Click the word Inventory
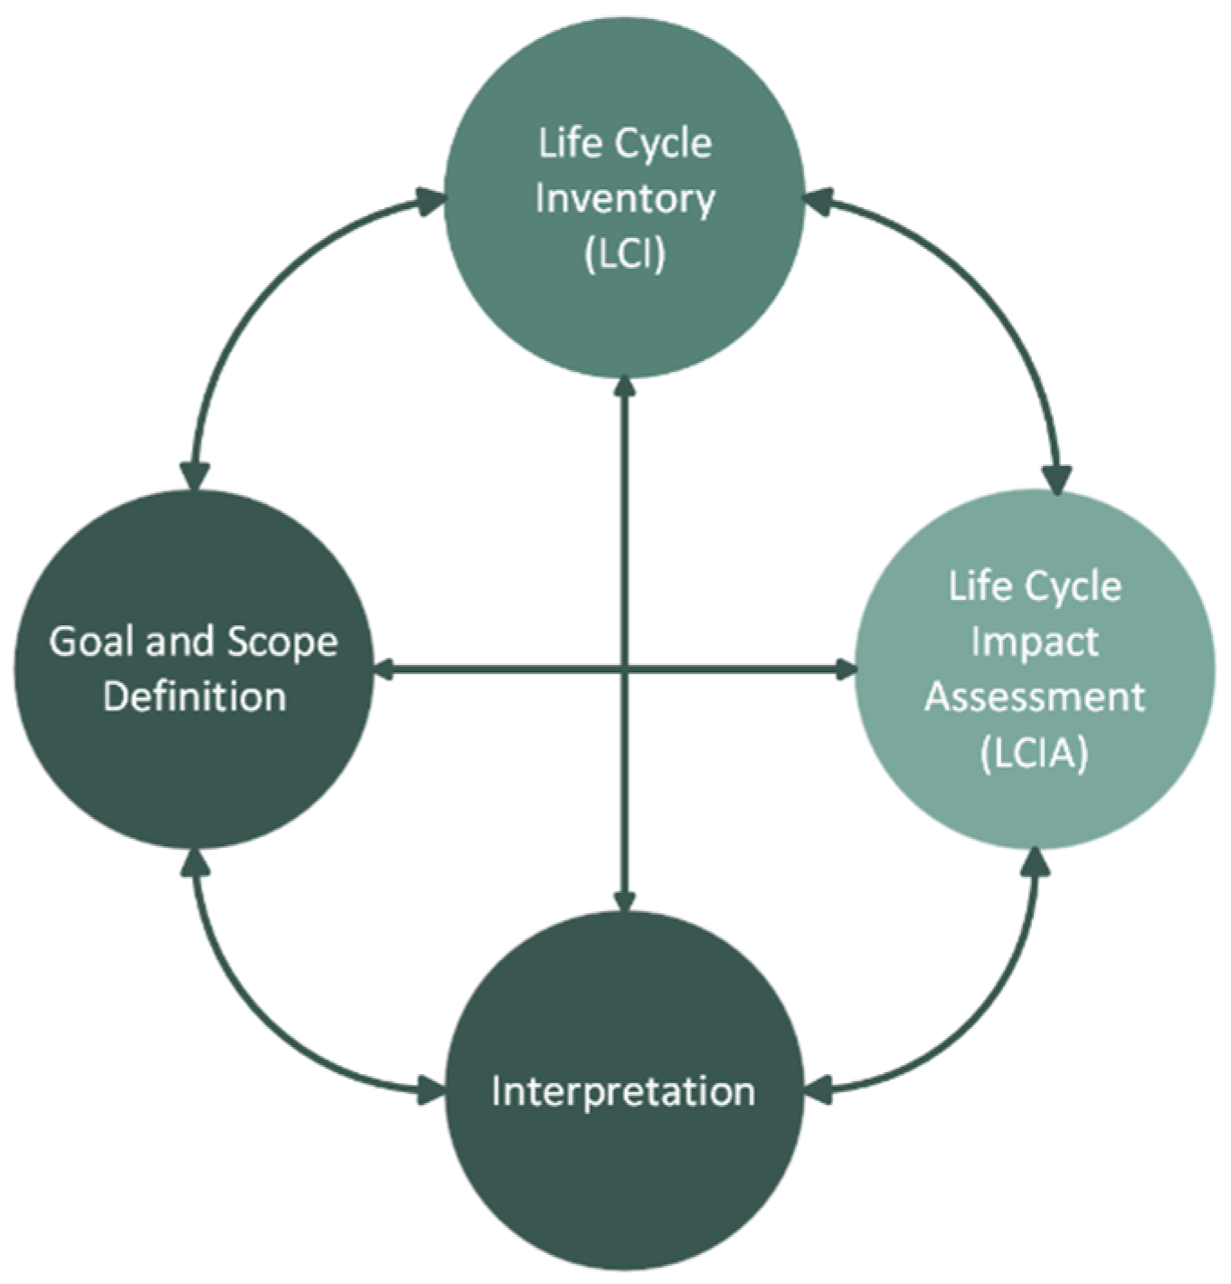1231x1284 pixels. tap(625, 199)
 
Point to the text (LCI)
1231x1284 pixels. tap(625, 254)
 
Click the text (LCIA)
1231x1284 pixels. tap(1034, 753)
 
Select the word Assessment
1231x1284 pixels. tap(1035, 698)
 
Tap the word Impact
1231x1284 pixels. tap(1035, 642)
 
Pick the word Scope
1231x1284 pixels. tap(281, 642)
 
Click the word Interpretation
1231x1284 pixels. tap(623, 1091)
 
